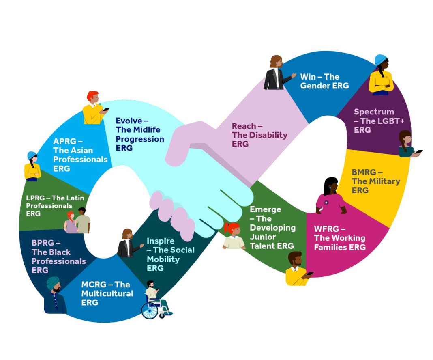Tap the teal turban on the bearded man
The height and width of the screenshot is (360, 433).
pos(53,283)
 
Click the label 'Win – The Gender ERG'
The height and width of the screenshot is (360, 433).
pos(324,81)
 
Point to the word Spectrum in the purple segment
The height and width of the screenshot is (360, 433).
pos(374,112)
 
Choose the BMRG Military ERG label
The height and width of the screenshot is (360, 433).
pos(375,181)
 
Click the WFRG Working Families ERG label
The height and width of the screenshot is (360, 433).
pos(339,238)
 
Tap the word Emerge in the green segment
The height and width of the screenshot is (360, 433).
pos(265,209)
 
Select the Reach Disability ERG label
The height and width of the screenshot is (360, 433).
pos(259,135)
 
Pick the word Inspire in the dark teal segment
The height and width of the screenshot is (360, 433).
pos(161,241)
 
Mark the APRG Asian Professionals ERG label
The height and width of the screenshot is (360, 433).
pos(80,155)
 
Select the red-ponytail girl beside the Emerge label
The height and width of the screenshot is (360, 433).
pos(234,236)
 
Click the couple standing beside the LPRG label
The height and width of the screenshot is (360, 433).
pos(77,221)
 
